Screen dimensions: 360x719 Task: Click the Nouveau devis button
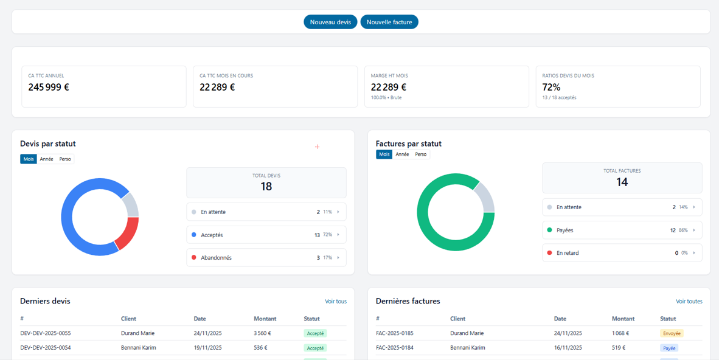pos(330,22)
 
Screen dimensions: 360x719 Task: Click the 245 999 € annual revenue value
pos(49,87)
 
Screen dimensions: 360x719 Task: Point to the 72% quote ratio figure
pos(551,87)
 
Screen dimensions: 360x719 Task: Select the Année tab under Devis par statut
pos(47,159)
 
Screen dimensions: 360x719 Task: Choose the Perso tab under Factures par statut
pos(420,154)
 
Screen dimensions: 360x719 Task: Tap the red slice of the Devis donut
pos(127,233)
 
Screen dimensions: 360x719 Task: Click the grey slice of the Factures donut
pos(484,196)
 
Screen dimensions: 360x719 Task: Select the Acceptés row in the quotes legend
pos(266,235)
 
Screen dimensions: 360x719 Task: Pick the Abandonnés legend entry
pos(266,258)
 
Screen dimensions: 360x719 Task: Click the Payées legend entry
pos(622,230)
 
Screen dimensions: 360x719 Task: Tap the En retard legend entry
pos(622,253)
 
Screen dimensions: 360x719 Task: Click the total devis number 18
pos(266,187)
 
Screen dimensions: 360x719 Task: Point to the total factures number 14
pos(622,182)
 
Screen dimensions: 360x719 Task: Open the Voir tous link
pos(336,302)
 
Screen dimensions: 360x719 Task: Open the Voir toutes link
pos(689,302)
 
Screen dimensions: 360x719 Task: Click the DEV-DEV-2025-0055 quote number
pos(46,333)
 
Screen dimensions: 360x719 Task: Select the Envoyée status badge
pos(672,333)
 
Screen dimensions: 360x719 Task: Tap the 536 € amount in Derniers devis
pos(261,348)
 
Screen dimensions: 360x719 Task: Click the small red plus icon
pos(317,147)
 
